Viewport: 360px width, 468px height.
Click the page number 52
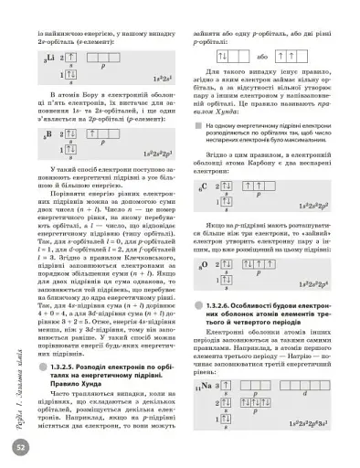click(20, 448)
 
